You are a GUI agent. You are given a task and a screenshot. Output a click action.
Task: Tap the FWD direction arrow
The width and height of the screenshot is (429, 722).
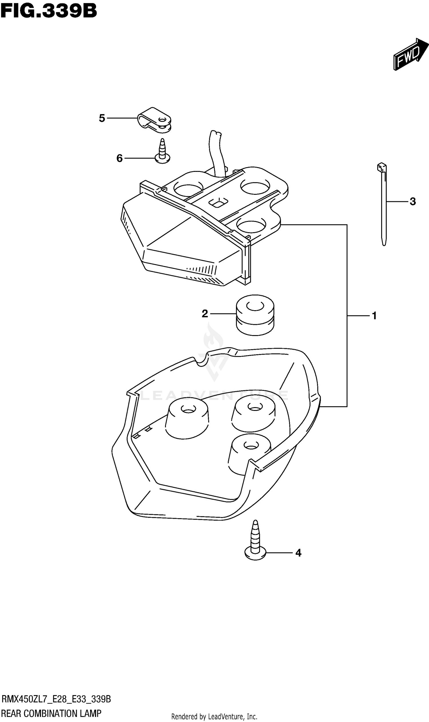tap(410, 54)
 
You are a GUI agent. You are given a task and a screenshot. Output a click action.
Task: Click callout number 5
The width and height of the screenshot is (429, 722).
tap(102, 118)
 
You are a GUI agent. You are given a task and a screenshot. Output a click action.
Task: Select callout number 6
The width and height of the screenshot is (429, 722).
tap(119, 158)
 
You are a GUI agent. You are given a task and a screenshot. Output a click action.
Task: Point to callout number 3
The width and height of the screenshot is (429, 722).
tap(412, 202)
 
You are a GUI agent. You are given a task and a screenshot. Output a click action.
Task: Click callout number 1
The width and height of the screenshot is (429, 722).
tap(374, 316)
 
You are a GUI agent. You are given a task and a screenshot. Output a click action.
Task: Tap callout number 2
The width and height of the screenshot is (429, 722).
tap(205, 314)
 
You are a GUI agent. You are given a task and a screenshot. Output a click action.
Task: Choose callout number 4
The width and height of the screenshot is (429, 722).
tap(298, 553)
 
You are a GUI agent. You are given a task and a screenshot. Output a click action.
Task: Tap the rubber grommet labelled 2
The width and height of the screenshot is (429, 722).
tap(255, 315)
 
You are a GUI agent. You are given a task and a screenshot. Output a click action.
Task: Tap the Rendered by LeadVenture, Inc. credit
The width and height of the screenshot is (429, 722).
tap(214, 717)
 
